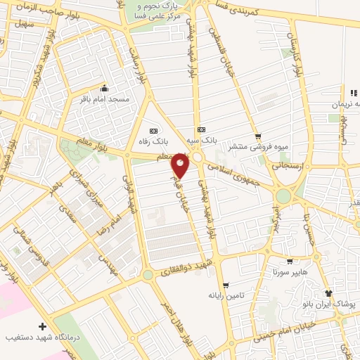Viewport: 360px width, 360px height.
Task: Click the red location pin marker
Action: [181, 165]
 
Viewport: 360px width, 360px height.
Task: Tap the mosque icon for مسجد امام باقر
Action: [104, 89]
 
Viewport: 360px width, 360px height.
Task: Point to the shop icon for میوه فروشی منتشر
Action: [258, 136]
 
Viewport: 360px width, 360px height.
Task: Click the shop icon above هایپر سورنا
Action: [289, 261]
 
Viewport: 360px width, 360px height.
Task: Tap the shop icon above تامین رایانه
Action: [226, 285]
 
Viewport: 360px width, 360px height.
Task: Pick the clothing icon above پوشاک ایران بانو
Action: [328, 293]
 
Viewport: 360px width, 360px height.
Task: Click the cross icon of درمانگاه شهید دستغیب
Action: [43, 327]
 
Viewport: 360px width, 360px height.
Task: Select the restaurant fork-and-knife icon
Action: [354, 93]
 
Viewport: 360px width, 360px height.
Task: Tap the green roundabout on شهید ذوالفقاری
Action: [148, 275]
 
